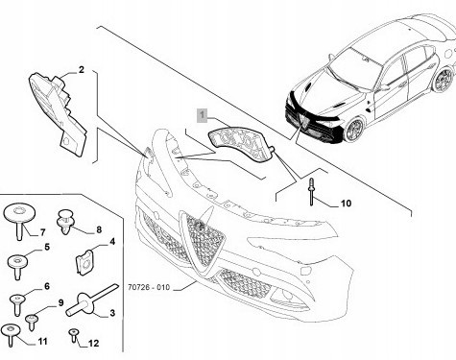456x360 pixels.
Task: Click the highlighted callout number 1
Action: click(x=202, y=115)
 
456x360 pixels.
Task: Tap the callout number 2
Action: click(x=82, y=69)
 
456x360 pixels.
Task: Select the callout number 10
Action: click(x=346, y=204)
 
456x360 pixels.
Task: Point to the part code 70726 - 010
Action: click(x=149, y=287)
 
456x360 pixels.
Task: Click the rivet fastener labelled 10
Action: click(x=311, y=192)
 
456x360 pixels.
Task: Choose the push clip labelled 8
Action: click(x=65, y=221)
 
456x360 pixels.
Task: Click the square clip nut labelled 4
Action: click(x=84, y=262)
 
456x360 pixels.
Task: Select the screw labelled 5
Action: click(x=17, y=266)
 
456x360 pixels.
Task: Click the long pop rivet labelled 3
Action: click(x=90, y=300)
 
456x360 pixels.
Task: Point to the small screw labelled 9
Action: click(x=32, y=322)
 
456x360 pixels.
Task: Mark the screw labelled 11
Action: click(x=11, y=334)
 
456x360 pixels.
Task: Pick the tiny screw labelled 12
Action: click(x=74, y=334)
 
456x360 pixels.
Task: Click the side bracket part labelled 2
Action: click(x=59, y=113)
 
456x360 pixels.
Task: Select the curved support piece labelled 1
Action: click(x=242, y=143)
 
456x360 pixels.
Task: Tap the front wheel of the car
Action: click(x=354, y=129)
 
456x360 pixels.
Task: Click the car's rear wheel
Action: click(x=444, y=80)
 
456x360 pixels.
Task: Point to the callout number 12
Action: click(x=93, y=344)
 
